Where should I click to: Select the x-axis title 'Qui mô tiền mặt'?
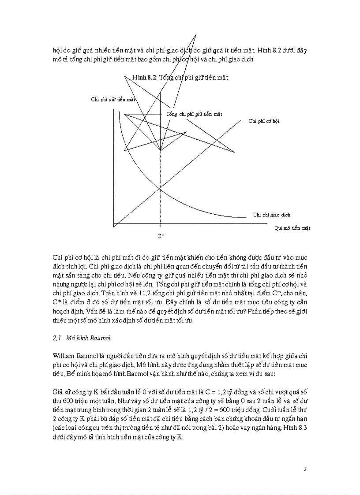[x=292, y=228]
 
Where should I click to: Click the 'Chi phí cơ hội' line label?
[x=264, y=121]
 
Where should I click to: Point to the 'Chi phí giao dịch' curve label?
[x=272, y=215]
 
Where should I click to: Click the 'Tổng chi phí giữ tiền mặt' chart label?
[x=194, y=114]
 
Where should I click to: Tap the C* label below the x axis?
[x=161, y=236]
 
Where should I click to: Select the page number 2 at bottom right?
[x=305, y=469]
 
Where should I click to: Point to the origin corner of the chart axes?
[x=114, y=223]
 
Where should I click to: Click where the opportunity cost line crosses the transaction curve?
[x=160, y=190]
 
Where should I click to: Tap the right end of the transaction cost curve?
[x=245, y=217]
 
